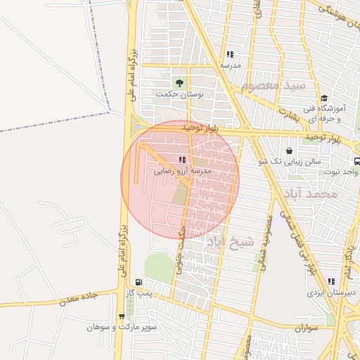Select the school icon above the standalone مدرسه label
[230, 54]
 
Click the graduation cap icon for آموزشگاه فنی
[324, 98]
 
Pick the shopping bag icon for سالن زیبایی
[290, 150]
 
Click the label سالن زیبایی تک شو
[290, 162]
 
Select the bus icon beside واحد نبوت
[357, 161]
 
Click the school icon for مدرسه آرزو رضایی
[183, 160]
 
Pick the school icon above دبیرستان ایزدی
[331, 281]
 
